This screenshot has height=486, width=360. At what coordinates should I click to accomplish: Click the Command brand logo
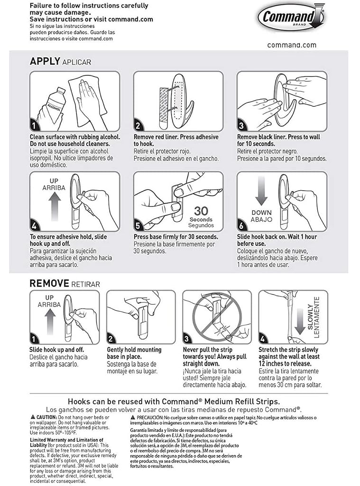pyautogui.click(x=290, y=17)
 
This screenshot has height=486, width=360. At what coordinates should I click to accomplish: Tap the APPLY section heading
pyautogui.click(x=45, y=61)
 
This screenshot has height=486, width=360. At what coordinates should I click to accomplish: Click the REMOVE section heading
pyautogui.click(x=49, y=283)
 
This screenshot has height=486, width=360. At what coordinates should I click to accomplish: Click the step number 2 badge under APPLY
pyautogui.click(x=138, y=125)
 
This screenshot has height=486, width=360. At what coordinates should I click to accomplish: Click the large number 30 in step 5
pyautogui.click(x=201, y=211)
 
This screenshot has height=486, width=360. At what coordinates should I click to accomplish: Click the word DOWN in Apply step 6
pyautogui.click(x=261, y=213)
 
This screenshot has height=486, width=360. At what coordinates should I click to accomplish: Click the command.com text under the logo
pyautogui.click(x=292, y=45)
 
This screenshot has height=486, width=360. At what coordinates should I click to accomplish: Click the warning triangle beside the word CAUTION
pyautogui.click(x=33, y=417)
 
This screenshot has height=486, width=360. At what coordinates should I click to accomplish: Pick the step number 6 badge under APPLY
pyautogui.click(x=242, y=225)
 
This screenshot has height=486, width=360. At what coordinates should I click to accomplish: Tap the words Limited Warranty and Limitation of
pyautogui.click(x=66, y=440)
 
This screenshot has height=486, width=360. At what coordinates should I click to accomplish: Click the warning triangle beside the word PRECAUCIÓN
pyautogui.click(x=133, y=417)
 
